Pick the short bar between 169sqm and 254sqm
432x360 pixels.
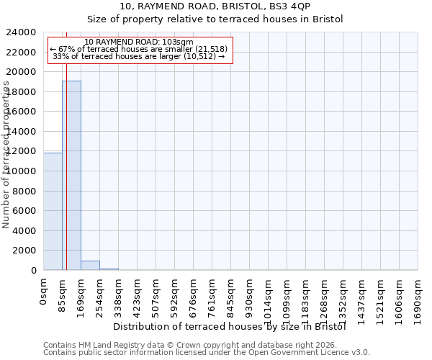[90, 265]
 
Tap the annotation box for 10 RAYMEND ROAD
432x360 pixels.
[140, 50]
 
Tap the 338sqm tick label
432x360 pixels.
[119, 294]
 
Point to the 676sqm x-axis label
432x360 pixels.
[194, 294]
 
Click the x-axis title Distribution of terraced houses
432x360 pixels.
[230, 327]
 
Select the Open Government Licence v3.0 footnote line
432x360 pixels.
[207, 353]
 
